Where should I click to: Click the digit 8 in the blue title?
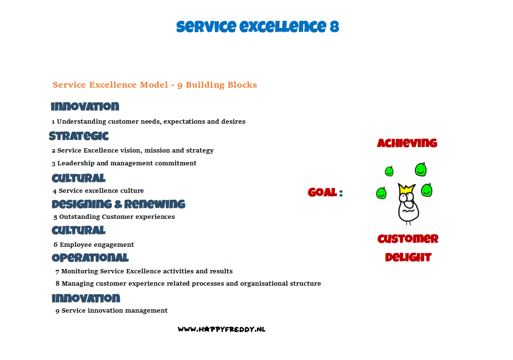pyautogui.click(x=334, y=27)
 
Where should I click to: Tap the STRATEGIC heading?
pyautogui.click(x=79, y=136)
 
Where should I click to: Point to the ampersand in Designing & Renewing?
pyautogui.click(x=118, y=205)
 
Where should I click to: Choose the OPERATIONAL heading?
pyautogui.click(x=90, y=258)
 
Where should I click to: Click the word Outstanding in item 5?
pyautogui.click(x=80, y=216)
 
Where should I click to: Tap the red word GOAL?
pyautogui.click(x=322, y=192)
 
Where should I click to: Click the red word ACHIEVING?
pyautogui.click(x=407, y=143)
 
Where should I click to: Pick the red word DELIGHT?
pyautogui.click(x=408, y=257)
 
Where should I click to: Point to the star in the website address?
pyautogui.click(x=207, y=329)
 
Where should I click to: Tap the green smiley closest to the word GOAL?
pyautogui.click(x=381, y=193)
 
